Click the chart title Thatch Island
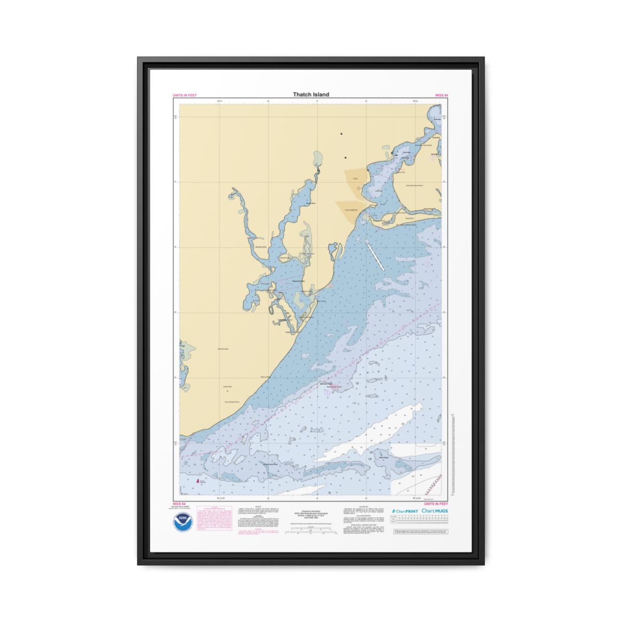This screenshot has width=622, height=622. tap(310, 94)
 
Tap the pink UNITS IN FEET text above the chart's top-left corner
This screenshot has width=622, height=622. tap(185, 95)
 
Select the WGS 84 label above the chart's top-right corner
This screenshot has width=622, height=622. tap(442, 95)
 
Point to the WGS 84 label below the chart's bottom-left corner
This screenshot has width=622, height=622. tap(179, 504)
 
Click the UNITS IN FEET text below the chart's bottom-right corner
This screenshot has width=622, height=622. tap(436, 504)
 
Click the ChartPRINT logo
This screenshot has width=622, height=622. tap(405, 511)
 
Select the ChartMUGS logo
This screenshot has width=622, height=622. tap(435, 511)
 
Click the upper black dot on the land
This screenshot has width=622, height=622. tap(341, 134)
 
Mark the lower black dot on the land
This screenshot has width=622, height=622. tap(345, 158)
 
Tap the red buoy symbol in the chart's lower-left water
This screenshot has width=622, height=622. tap(196, 481)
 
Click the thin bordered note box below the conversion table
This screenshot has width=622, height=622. tap(420, 532)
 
